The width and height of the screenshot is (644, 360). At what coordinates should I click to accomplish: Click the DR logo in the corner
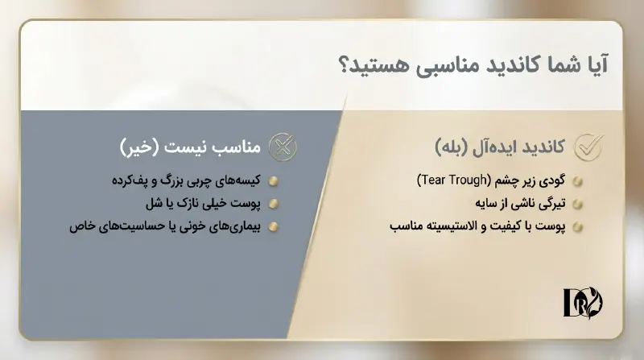583,301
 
